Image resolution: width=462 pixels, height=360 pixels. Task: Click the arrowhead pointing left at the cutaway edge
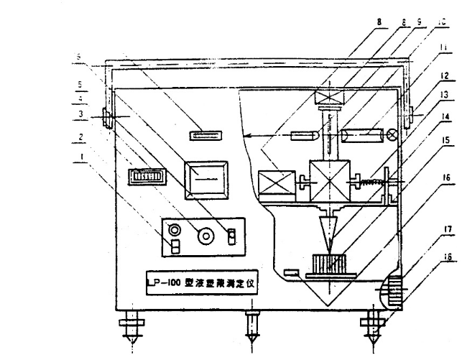246,134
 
